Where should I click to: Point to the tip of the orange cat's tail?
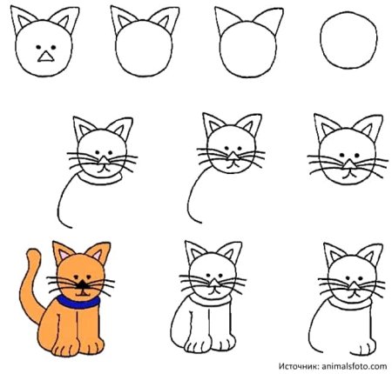[32, 254]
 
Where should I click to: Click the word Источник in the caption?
[301, 365]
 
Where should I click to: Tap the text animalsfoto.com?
[355, 365]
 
